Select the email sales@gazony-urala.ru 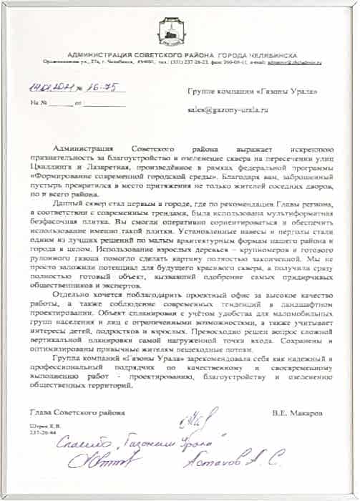(x=226, y=110)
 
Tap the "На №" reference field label (x=39, y=103)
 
